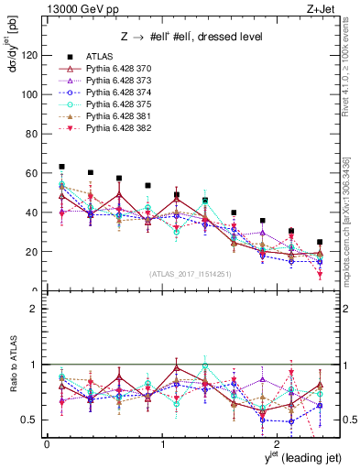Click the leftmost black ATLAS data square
click(61, 167)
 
